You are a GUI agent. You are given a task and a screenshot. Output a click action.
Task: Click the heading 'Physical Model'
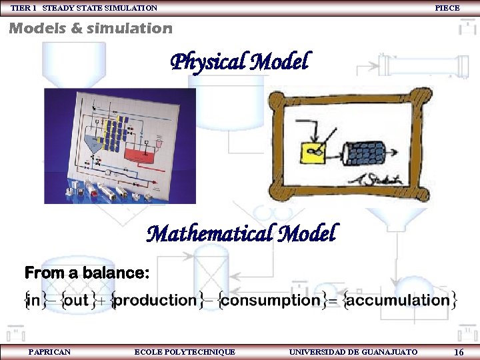(240, 63)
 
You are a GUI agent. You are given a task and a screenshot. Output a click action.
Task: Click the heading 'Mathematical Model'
(241, 234)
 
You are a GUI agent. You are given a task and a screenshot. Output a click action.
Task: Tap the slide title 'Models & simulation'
(90, 29)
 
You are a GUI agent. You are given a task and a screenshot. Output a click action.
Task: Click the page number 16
(458, 352)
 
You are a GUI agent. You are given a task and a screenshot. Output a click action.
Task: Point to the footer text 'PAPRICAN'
(49, 351)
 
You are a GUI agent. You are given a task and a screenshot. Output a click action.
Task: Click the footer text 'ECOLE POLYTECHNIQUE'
(185, 351)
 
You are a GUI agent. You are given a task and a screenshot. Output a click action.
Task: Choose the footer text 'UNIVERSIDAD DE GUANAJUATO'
(353, 351)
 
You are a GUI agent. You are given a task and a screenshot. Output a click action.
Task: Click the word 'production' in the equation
(155, 300)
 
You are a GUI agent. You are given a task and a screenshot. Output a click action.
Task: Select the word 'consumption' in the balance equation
(271, 300)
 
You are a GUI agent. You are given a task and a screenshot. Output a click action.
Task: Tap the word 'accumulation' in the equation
(398, 300)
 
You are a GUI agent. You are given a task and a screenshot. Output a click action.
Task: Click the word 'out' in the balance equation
(76, 300)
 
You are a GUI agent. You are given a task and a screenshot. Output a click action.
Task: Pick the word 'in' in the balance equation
(33, 300)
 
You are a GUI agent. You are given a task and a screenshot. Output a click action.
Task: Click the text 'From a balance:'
(87, 273)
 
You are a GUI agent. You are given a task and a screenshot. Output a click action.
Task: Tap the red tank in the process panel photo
(141, 154)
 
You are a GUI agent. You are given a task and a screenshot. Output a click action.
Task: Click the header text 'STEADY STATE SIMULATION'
(100, 8)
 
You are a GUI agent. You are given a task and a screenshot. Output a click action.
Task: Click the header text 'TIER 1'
(24, 8)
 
